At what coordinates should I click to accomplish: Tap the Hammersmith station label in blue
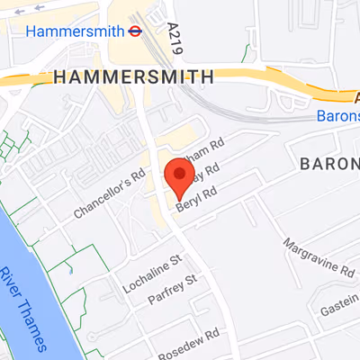[x=75, y=31]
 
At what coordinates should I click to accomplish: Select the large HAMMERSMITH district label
[x=133, y=76]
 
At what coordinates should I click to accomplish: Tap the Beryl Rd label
[x=197, y=198]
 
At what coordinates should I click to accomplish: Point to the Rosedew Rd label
[x=188, y=341]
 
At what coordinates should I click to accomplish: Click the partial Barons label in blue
[x=337, y=116]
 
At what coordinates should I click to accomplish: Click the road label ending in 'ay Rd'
[x=206, y=172]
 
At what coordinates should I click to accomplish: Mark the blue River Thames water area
[x=36, y=315]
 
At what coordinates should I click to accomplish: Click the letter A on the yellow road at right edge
[x=350, y=94]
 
